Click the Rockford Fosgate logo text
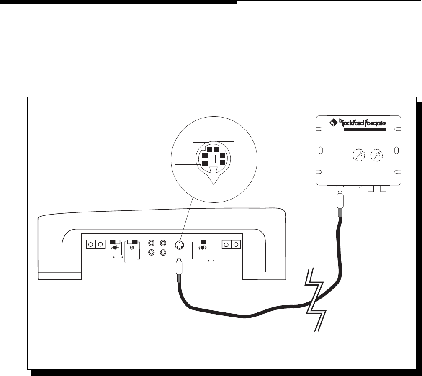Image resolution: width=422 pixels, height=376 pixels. (x=363, y=124)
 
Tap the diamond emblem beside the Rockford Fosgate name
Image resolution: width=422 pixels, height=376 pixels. (x=333, y=123)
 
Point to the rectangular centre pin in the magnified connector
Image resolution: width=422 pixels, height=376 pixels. (x=213, y=159)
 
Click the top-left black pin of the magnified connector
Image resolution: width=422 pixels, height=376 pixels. (x=209, y=150)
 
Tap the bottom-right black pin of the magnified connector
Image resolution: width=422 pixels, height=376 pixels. (x=221, y=162)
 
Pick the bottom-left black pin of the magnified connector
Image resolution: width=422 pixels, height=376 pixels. (x=205, y=162)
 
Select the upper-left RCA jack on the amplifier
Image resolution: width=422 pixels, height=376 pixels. (x=152, y=243)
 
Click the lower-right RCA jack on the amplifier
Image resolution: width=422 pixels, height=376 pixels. (x=163, y=253)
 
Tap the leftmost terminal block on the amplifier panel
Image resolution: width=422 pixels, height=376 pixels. (x=95, y=244)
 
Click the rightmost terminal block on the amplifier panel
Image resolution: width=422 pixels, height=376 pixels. (x=231, y=244)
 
